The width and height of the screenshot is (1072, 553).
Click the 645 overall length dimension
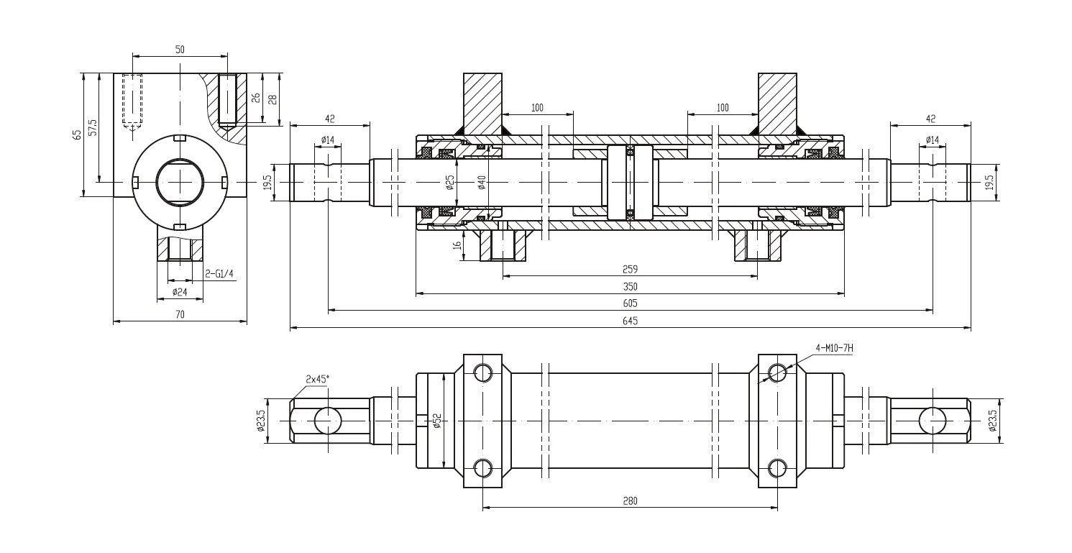629,321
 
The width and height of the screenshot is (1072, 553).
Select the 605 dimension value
629,303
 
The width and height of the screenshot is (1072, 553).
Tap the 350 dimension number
629,285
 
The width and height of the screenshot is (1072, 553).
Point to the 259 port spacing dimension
629,269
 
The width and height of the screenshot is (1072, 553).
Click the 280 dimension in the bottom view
629,500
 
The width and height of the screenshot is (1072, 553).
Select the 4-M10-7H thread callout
834,348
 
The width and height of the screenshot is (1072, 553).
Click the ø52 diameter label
436,420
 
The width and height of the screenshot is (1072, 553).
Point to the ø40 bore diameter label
482,183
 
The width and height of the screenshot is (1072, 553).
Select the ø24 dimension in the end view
180,292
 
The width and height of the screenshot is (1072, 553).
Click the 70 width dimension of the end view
180,314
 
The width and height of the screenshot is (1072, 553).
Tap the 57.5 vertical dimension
92,128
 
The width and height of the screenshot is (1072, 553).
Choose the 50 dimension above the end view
180,50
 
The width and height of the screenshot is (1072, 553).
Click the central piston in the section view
630,183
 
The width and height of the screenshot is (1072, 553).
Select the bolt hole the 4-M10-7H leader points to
777,373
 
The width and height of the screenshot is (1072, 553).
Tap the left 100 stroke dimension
537,108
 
